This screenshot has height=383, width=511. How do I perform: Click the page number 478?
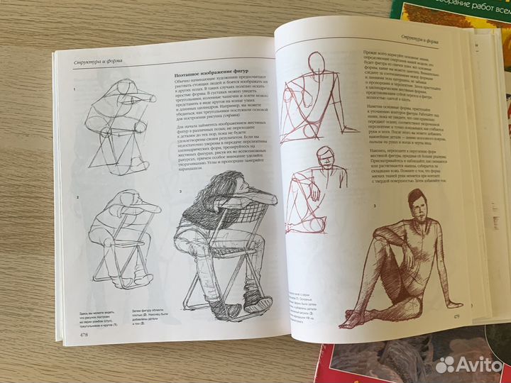pos(84,335)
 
